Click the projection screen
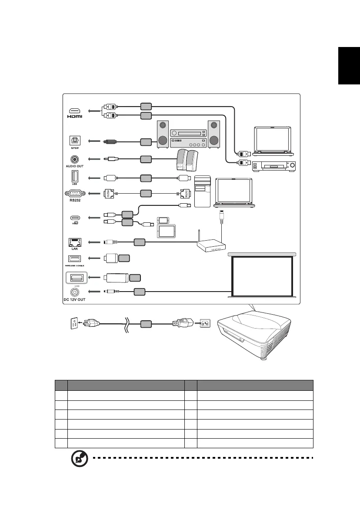(x=262, y=275)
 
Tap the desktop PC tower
(x=202, y=191)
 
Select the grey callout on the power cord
(x=146, y=324)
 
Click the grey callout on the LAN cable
(x=139, y=242)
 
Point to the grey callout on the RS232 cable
(x=146, y=192)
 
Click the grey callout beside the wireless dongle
(x=124, y=258)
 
